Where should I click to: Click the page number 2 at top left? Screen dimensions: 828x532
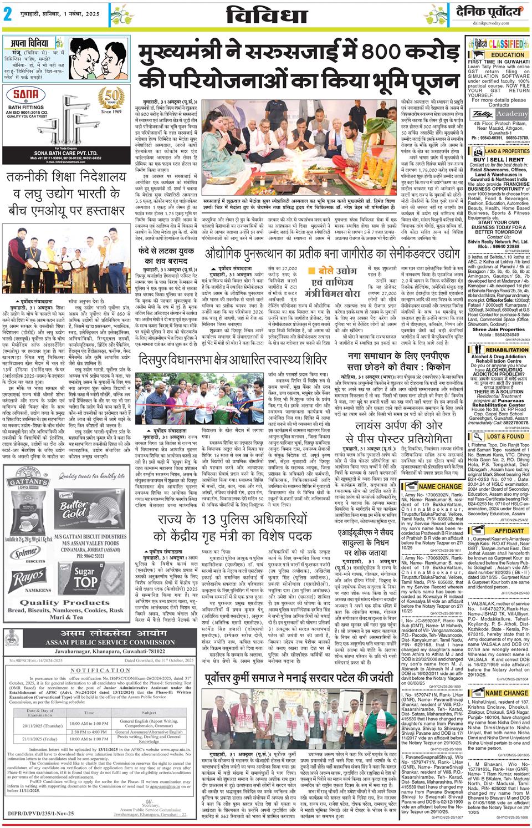(8, 16)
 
